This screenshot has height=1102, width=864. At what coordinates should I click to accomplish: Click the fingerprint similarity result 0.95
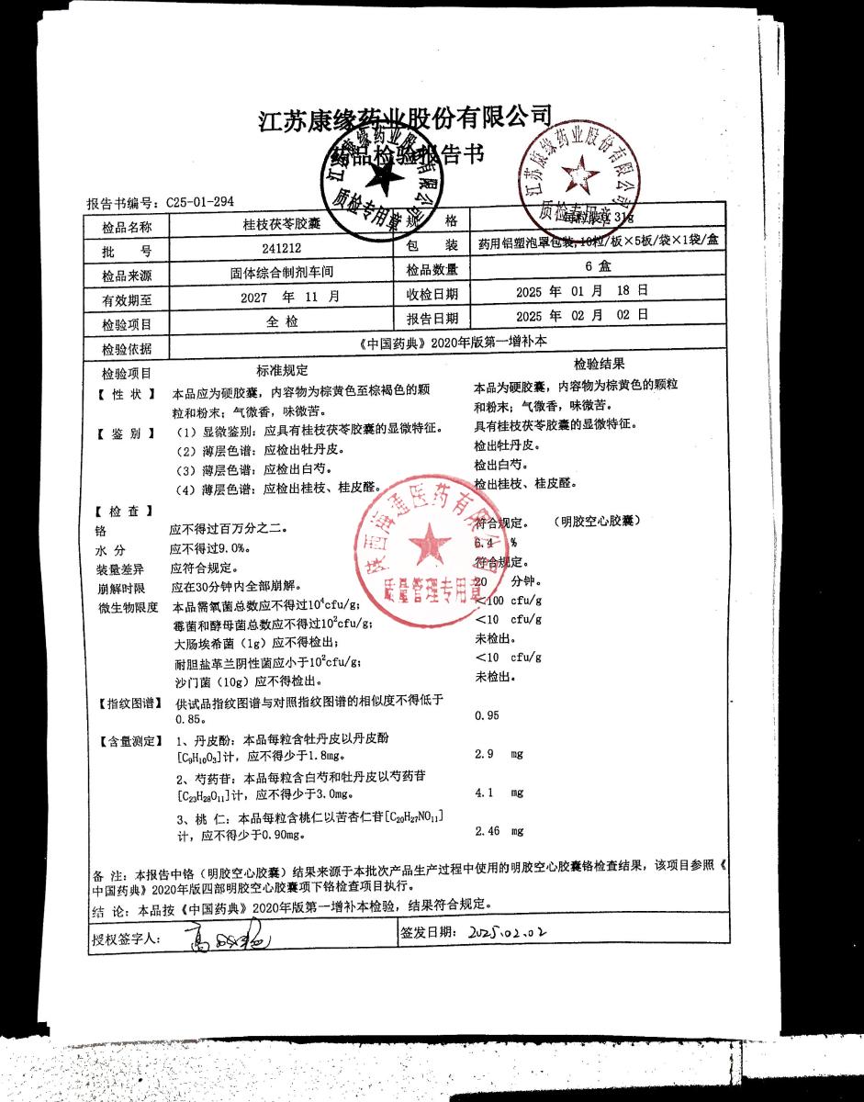click(488, 715)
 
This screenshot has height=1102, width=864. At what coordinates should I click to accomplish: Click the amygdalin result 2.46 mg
click(499, 831)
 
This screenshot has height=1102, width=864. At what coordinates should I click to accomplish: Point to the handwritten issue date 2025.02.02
click(506, 933)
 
